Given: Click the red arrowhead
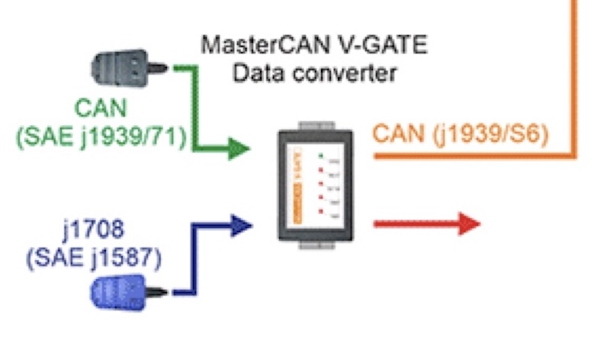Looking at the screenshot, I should pos(467,224).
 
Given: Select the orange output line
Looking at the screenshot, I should pos(473,156).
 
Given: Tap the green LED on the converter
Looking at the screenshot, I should pos(321,157).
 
